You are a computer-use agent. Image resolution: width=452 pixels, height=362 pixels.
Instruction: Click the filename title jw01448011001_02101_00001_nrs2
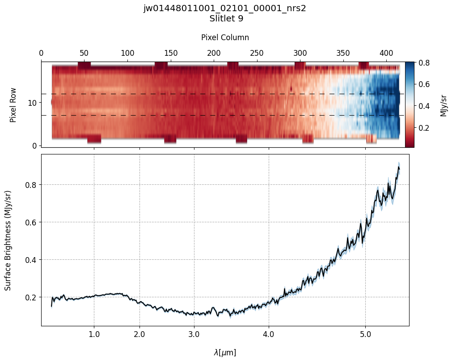pos(224,8)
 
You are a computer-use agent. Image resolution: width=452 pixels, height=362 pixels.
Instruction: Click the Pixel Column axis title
pos(225,37)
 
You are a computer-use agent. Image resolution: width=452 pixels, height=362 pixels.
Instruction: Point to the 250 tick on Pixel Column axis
pos(257,53)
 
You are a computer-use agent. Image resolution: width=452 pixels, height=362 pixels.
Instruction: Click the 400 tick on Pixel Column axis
pos(386,53)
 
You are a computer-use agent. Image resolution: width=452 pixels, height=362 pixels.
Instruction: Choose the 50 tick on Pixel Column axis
pos(84,53)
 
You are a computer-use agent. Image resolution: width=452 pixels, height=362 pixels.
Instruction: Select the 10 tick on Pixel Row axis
pos(33,103)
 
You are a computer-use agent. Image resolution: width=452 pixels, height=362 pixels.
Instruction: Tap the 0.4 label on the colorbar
pos(424,106)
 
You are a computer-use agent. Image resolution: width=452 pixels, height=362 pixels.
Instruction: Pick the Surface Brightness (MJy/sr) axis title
pos(8,240)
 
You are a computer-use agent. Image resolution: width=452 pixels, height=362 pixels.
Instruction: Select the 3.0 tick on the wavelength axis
pos(194,334)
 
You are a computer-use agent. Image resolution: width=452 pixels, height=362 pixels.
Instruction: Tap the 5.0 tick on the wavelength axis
pos(365,334)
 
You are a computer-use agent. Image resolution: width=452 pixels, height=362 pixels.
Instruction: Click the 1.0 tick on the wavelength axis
pos(94,334)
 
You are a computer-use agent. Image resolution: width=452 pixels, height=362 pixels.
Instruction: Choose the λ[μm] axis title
pos(225,353)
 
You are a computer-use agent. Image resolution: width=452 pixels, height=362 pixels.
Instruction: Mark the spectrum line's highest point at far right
pos(398,166)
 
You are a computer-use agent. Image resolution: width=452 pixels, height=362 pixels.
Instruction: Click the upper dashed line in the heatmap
pos(224,94)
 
